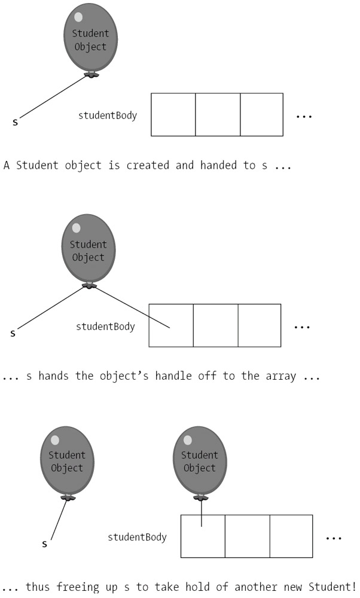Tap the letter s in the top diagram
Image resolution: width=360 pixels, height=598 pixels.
click(16, 123)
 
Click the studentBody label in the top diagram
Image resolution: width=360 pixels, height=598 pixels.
click(108, 115)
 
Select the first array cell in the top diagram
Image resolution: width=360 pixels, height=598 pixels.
click(173, 114)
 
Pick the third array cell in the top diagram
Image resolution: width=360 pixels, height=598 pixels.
click(261, 114)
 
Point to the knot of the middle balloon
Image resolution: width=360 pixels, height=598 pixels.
click(89, 285)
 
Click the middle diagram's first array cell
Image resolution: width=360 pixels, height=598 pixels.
click(171, 325)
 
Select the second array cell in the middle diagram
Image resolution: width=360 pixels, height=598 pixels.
click(215, 325)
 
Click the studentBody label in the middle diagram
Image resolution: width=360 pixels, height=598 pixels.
click(105, 327)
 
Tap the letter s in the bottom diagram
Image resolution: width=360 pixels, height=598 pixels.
click(45, 544)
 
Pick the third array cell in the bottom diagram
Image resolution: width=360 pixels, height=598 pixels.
click(291, 536)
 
